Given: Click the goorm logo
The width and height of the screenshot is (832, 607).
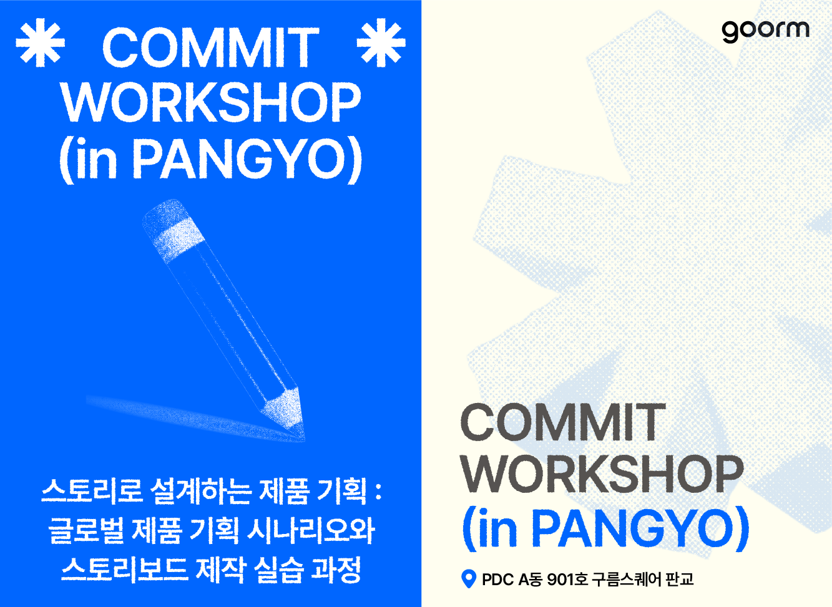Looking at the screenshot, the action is [765, 31].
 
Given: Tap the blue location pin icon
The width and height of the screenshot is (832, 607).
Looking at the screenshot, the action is [468, 579].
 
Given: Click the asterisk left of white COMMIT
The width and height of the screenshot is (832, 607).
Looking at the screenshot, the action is [40, 42].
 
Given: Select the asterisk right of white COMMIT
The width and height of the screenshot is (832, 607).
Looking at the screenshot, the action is [381, 42].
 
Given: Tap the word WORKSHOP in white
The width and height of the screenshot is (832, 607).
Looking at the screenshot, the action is [211, 102].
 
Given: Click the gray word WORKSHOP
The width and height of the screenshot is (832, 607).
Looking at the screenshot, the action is [602, 474].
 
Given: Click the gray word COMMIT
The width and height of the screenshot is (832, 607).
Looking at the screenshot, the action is [563, 422].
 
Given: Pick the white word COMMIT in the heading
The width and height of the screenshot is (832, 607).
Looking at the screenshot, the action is [210, 47].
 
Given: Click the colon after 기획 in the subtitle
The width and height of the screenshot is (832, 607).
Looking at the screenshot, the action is [378, 492].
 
